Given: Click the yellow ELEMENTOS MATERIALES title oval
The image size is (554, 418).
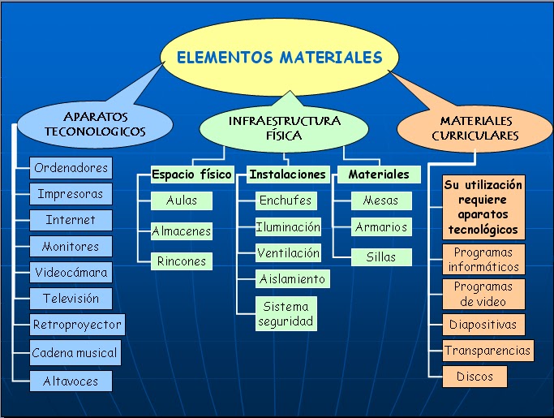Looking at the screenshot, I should coord(279,58).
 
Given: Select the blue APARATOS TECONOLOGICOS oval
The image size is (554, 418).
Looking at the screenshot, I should coord(95,123).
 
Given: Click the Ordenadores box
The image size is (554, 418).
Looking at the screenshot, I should coord(71,168).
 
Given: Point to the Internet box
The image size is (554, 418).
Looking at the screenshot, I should coord(71,220).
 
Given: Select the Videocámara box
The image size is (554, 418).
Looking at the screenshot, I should coord(71,272).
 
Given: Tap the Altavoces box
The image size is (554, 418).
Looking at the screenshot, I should coord(71,380).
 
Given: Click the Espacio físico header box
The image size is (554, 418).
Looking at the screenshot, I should coord(192,175).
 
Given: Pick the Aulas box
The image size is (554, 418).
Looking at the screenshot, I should coord(182,200).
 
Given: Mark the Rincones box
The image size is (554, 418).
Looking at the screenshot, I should coord(182,261).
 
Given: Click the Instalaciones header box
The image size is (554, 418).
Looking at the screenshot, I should coord(288,175).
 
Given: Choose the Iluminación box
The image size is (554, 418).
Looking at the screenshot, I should coord(288,227).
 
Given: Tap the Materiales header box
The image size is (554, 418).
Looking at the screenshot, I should coord(379,175).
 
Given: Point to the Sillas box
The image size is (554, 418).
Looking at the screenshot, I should coord(380,257).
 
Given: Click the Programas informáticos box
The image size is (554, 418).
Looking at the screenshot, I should coord(484,260).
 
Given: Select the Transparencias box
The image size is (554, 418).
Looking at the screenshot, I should coord(488,351).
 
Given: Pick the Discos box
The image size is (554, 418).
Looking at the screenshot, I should coord(475,377).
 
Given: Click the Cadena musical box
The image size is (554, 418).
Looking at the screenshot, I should coord(75,353).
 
